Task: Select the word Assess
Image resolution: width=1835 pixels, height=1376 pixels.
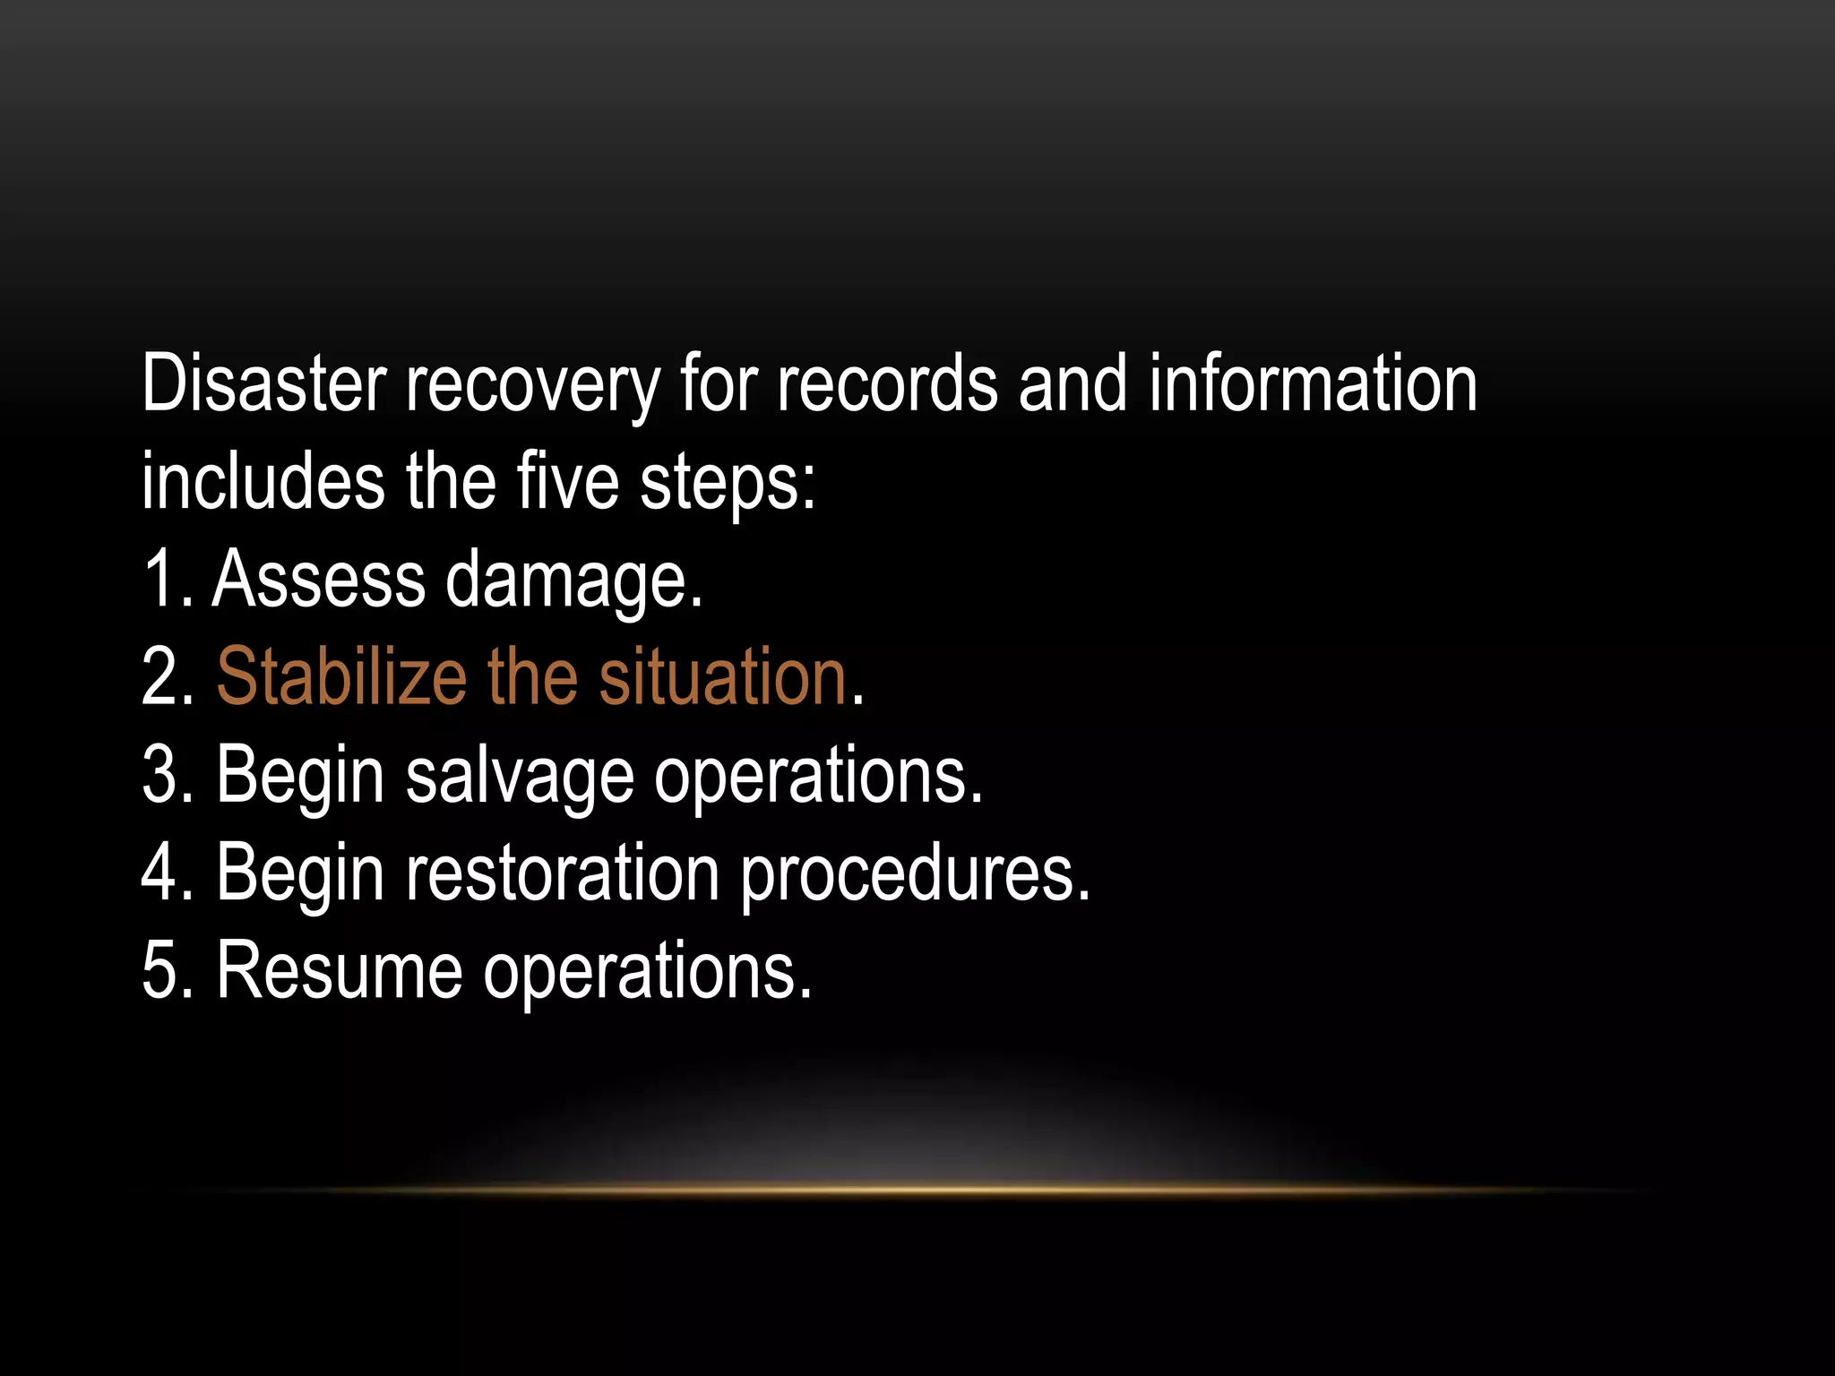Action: click(318, 580)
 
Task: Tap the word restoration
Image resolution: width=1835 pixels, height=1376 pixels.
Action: click(562, 873)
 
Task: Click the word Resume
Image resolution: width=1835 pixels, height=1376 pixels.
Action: click(339, 971)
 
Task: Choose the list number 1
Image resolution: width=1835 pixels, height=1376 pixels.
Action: click(161, 580)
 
